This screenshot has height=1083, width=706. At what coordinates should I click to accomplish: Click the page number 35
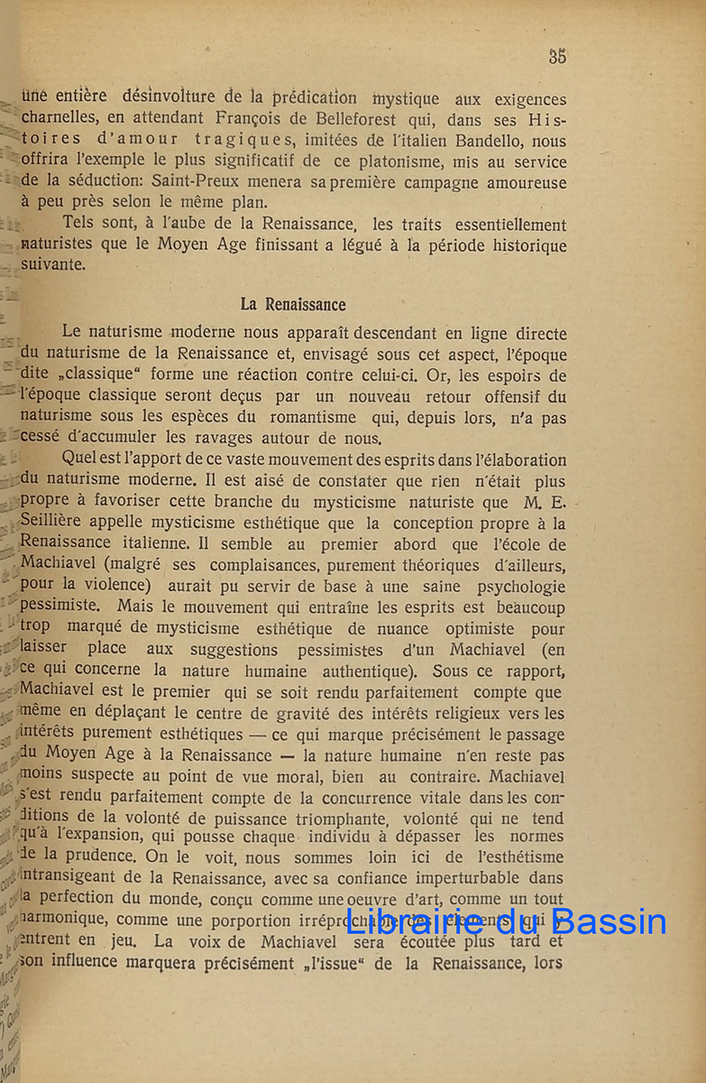click(557, 56)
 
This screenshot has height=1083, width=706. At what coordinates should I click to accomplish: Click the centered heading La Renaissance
click(293, 304)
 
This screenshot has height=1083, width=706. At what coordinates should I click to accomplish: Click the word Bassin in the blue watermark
click(610, 921)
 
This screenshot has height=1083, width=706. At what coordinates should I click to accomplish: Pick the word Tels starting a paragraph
click(80, 225)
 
